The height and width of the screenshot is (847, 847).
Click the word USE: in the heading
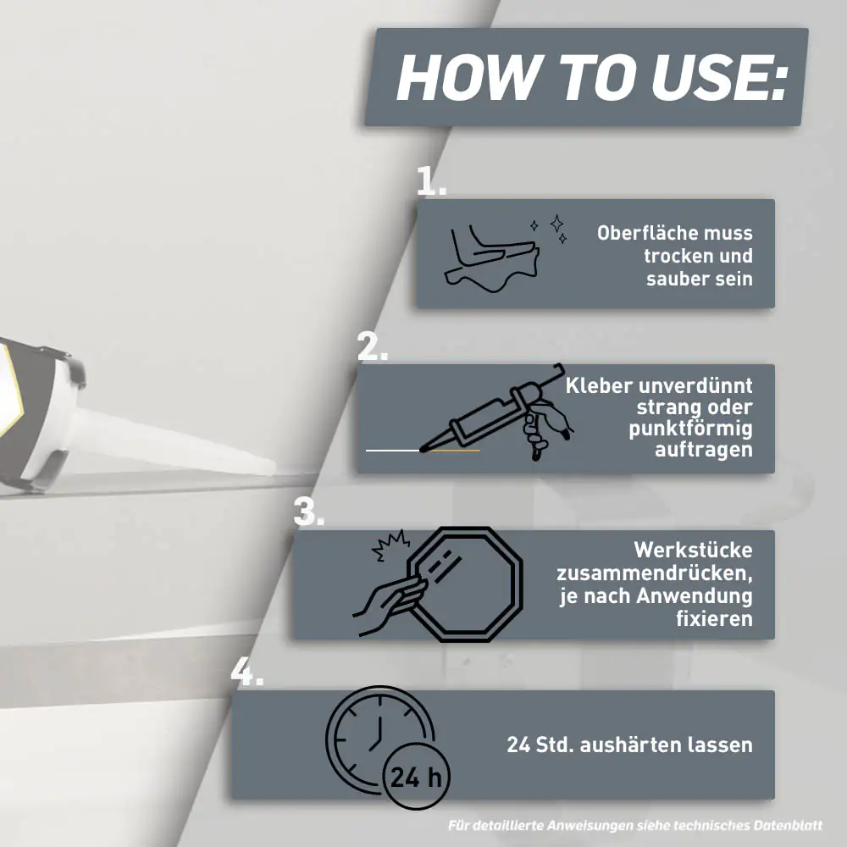pyautogui.click(x=719, y=76)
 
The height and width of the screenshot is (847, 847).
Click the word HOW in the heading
pyautogui.click(x=468, y=76)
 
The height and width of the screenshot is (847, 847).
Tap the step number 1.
pyautogui.click(x=432, y=180)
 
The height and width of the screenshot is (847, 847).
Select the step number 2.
pyautogui.click(x=373, y=346)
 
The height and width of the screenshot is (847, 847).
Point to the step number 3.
pyautogui.click(x=309, y=511)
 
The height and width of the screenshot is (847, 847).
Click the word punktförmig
pyautogui.click(x=690, y=429)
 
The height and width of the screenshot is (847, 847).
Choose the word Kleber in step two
pyautogui.click(x=599, y=385)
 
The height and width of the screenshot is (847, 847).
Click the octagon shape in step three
pyautogui.click(x=465, y=584)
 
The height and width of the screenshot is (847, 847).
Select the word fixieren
pyautogui.click(x=714, y=618)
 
